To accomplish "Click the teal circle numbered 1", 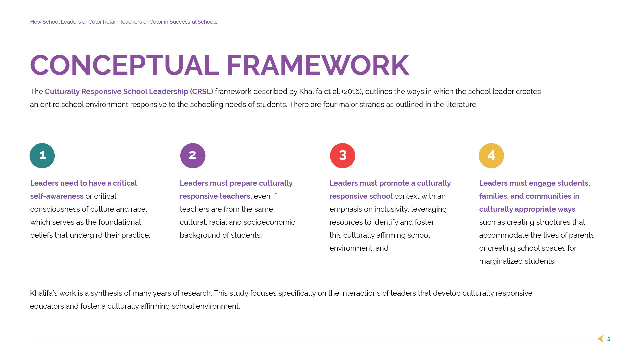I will coord(42,156).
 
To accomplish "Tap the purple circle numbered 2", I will coord(193,156).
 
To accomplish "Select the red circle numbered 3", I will coord(342,156).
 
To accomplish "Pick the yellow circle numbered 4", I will coord(491,156).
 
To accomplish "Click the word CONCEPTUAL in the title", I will coord(125,66).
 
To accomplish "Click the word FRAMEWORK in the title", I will coord(317,66).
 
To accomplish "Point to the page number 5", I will coord(608,339).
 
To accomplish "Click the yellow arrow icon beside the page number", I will coord(601,339).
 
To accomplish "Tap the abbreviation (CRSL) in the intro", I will coord(201,92).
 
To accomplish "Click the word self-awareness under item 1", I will coord(57,196).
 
